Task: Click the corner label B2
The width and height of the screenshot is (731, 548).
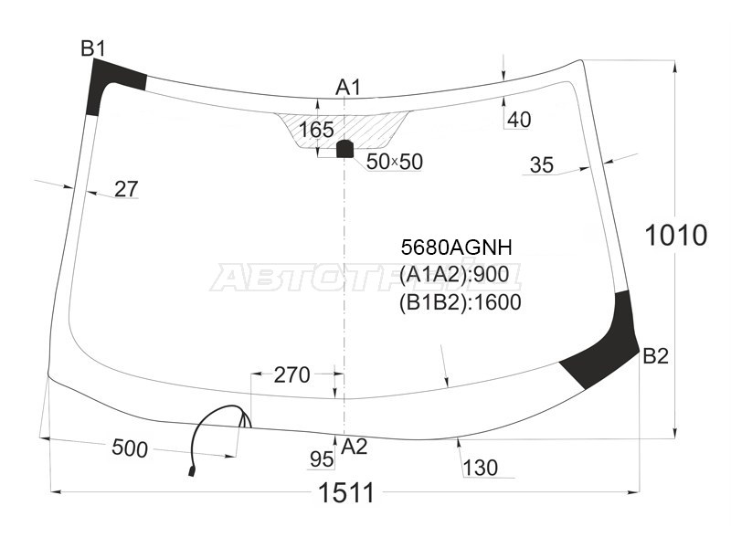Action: pyautogui.click(x=655, y=356)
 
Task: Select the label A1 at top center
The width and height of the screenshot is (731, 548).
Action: pyautogui.click(x=348, y=88)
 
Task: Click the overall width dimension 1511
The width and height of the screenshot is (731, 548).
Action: pyautogui.click(x=345, y=493)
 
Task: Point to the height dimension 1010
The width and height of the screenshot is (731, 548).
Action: pyautogui.click(x=676, y=235)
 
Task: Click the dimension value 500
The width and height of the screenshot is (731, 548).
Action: pyautogui.click(x=130, y=448)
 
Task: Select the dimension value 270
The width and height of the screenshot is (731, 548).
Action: pyautogui.click(x=292, y=374)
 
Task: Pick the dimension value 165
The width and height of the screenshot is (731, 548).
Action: pyautogui.click(x=316, y=130)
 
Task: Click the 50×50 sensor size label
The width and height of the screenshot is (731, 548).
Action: pyautogui.click(x=394, y=162)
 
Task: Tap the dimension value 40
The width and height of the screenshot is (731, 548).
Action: pyautogui.click(x=519, y=120)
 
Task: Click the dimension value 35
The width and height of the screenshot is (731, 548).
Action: pyautogui.click(x=542, y=165)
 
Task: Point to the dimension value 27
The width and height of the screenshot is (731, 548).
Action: pyautogui.click(x=126, y=189)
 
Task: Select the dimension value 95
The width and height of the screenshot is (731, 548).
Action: pyautogui.click(x=322, y=458)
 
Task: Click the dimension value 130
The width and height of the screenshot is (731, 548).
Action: pyautogui.click(x=481, y=469)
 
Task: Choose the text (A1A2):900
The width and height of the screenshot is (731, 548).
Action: pyautogui.click(x=454, y=275)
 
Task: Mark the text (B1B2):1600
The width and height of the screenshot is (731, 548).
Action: pyautogui.click(x=460, y=302)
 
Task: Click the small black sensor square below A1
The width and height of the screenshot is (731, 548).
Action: pyautogui.click(x=344, y=148)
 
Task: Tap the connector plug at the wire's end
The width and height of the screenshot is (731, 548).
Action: pyautogui.click(x=191, y=471)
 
